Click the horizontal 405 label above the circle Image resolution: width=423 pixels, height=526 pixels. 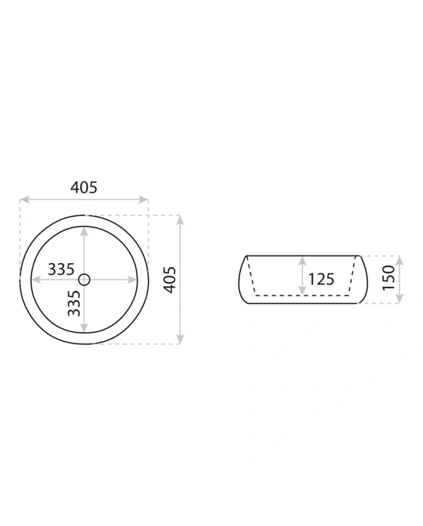pos(84,187)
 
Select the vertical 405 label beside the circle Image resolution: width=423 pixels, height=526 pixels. pos(170,280)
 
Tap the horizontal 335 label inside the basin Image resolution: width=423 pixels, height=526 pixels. pos(61,269)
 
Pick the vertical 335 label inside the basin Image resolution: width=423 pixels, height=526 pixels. pos(74,303)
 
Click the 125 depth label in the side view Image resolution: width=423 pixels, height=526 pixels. pos(321,279)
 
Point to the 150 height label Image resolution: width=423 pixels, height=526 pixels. pos(389,278)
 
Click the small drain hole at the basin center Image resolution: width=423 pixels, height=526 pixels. pos(84,279)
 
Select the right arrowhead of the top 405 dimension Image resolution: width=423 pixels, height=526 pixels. pos(144,199)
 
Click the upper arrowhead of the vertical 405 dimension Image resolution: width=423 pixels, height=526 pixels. pos(180,220)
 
